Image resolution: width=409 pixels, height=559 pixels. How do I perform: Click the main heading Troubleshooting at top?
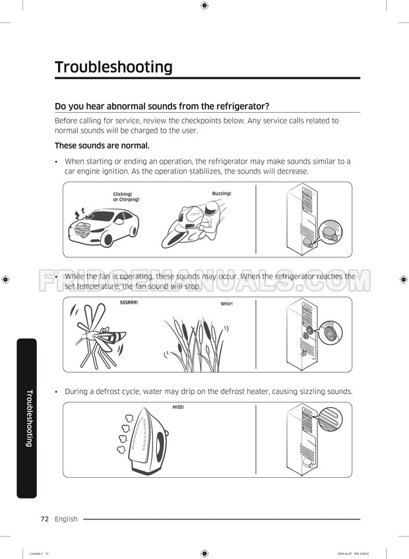coord(113,67)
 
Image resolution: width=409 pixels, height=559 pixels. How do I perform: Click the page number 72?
coord(45,519)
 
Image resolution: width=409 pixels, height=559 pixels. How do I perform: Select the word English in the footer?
coord(66,519)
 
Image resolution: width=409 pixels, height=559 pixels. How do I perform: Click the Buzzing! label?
coord(222,193)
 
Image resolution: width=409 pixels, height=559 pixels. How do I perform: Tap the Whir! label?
coord(226,304)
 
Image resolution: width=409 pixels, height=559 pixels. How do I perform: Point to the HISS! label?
coord(178,407)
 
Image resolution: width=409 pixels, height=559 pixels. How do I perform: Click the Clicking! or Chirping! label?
coord(126,197)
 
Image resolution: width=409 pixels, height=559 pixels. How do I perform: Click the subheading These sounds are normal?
coord(102,145)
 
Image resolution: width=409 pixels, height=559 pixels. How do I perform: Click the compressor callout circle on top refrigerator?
coord(330,232)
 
